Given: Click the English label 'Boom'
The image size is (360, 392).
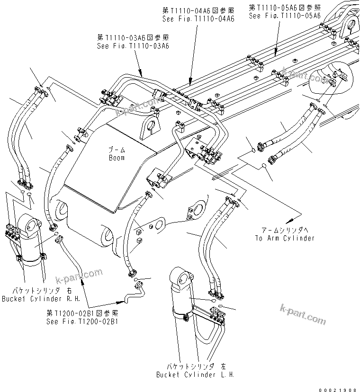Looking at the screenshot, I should point(116,158).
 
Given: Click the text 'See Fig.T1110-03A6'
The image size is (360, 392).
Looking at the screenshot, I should point(133,46).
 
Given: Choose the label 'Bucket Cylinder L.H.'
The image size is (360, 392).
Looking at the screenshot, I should point(195,374).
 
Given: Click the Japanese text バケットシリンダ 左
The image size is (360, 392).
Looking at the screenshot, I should point(196,366).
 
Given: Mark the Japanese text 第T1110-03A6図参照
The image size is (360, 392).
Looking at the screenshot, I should point(133,37).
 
